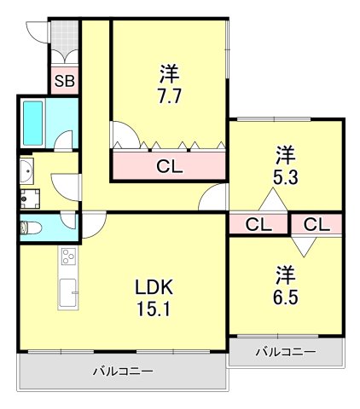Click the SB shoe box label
click(x=63, y=82)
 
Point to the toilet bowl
click(x=28, y=228)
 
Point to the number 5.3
click(x=284, y=178)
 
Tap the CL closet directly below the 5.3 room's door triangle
click(x=258, y=225)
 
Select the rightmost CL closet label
click(x=316, y=225)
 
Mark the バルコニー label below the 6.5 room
click(x=286, y=352)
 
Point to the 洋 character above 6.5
click(x=284, y=274)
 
